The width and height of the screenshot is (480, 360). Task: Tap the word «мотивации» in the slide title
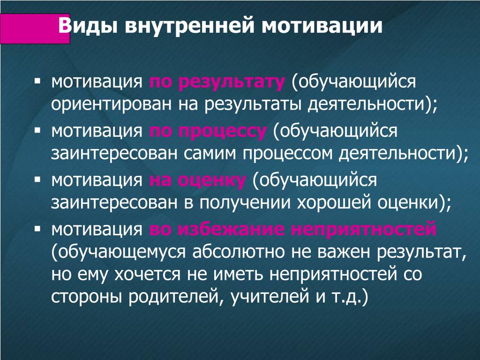(x=322, y=26)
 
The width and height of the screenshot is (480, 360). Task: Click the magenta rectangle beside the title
(x=35, y=29)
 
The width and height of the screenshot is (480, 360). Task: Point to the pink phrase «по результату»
(x=217, y=82)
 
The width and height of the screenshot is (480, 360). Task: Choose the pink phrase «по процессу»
(x=208, y=131)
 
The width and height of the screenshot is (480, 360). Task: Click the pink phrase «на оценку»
(x=197, y=180)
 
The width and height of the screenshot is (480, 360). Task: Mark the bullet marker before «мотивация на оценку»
(x=37, y=180)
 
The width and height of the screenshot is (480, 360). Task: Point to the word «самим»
(x=210, y=153)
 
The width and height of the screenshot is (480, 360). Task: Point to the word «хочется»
(x=147, y=274)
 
